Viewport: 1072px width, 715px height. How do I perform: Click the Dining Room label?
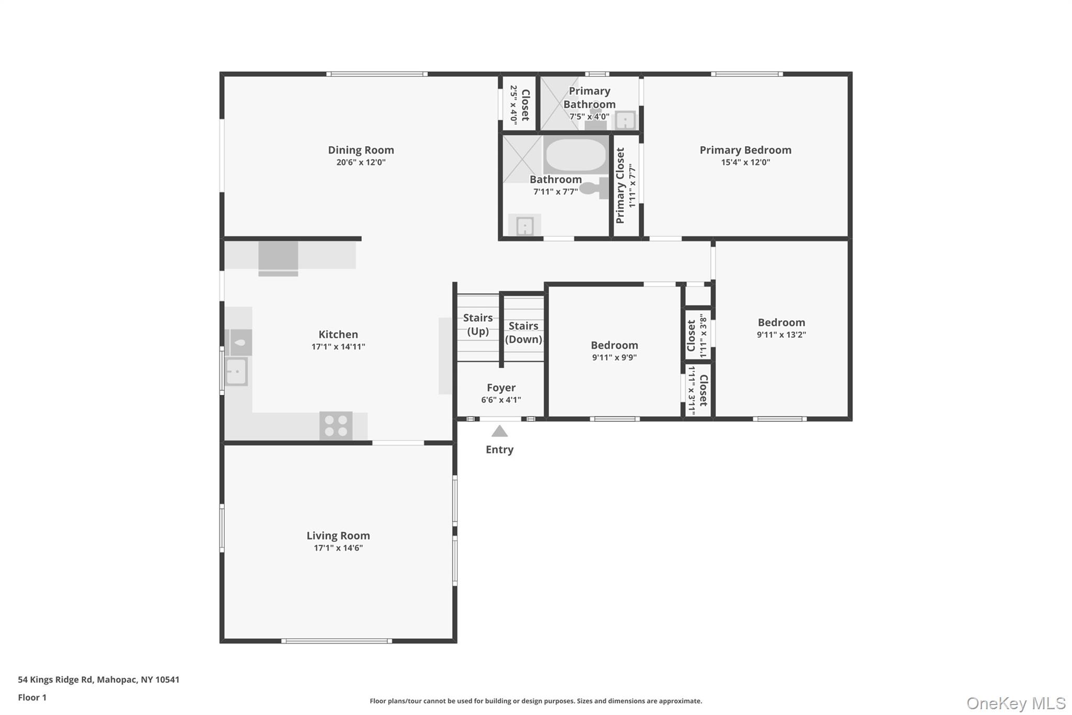[361, 150]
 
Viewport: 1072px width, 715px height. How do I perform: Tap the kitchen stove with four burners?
[336, 426]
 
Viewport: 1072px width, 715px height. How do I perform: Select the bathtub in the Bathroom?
[575, 155]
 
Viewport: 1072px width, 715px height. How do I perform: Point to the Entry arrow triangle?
[499, 432]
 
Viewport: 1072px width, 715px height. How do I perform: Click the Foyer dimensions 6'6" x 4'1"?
[501, 400]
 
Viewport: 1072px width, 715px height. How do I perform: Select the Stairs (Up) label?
[477, 324]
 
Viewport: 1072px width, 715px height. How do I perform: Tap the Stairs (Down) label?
[523, 332]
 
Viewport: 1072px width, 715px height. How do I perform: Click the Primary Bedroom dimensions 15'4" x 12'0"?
[745, 162]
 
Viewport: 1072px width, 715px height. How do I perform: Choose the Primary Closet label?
[621, 185]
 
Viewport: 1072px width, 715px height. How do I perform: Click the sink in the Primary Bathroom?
[625, 120]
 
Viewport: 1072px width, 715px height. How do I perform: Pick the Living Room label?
[338, 535]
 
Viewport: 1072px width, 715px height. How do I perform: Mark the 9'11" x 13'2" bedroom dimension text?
[781, 335]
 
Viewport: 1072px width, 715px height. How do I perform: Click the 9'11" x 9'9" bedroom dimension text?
[614, 358]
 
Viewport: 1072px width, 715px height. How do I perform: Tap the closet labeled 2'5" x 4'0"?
[520, 104]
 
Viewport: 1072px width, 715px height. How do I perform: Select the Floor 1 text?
[32, 697]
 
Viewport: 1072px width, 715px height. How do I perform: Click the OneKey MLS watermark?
[1015, 703]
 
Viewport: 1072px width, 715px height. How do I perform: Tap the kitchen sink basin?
[236, 372]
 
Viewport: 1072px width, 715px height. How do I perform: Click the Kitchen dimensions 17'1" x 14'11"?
[338, 347]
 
